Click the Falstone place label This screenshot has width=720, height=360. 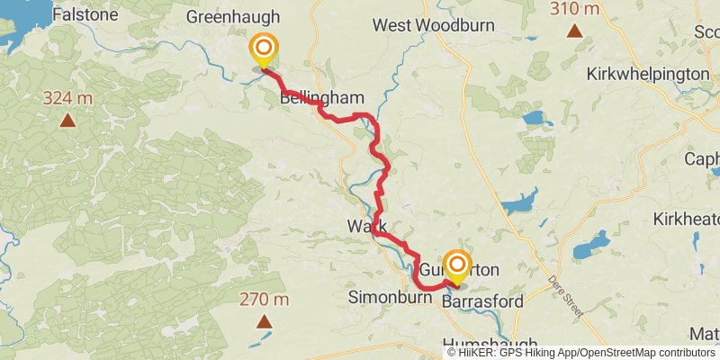[85, 14]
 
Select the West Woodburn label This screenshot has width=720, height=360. [435, 25]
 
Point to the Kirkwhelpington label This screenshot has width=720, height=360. [648, 74]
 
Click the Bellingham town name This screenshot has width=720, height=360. [322, 97]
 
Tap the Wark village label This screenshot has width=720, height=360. [366, 227]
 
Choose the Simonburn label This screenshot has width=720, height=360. [382, 297]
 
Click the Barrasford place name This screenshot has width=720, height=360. [482, 301]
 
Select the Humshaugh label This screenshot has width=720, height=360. [490, 344]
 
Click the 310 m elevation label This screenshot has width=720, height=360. [574, 9]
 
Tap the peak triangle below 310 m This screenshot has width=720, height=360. [574, 31]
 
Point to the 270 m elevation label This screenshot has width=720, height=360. [264, 299]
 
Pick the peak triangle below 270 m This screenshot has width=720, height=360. [264, 321]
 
